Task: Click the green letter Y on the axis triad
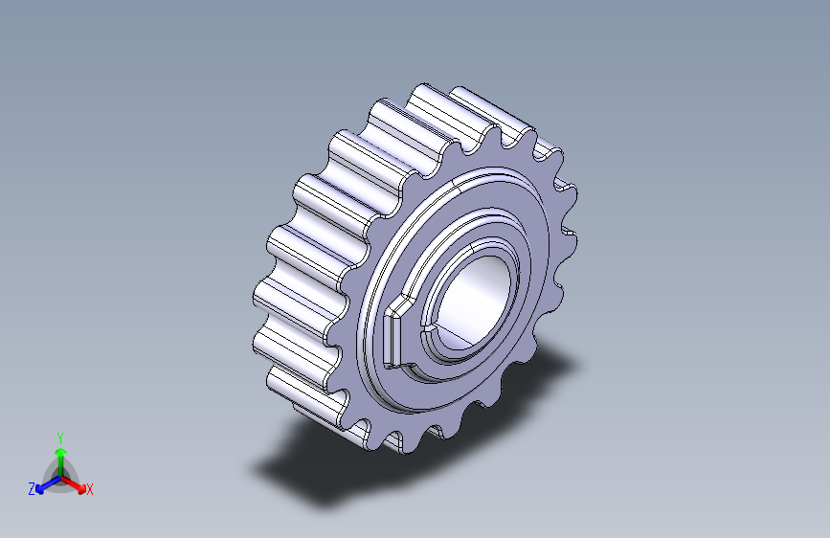60,437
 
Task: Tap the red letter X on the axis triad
89,489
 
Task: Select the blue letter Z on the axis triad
32,489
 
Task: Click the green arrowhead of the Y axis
61,453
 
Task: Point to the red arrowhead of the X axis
81,489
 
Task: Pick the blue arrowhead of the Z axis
39,489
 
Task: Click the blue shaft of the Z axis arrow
52,482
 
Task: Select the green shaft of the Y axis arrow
61,466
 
